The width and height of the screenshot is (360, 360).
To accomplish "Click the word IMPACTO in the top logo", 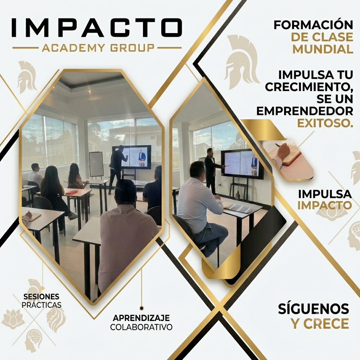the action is click(x=97, y=27).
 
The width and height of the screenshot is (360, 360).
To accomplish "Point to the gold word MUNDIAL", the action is click(x=323, y=49).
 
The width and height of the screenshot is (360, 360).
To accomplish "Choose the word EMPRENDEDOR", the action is click(x=305, y=111).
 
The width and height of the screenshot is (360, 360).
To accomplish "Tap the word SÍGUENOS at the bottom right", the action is click(x=313, y=309).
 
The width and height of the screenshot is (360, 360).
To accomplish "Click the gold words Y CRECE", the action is click(x=320, y=323).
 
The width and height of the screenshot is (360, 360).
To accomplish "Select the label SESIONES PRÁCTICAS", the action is click(x=41, y=301).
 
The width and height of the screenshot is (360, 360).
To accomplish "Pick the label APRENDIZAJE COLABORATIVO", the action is click(x=141, y=322).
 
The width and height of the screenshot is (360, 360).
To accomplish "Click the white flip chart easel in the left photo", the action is click(x=96, y=165).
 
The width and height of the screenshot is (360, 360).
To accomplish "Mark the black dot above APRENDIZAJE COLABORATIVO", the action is click(x=142, y=308).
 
